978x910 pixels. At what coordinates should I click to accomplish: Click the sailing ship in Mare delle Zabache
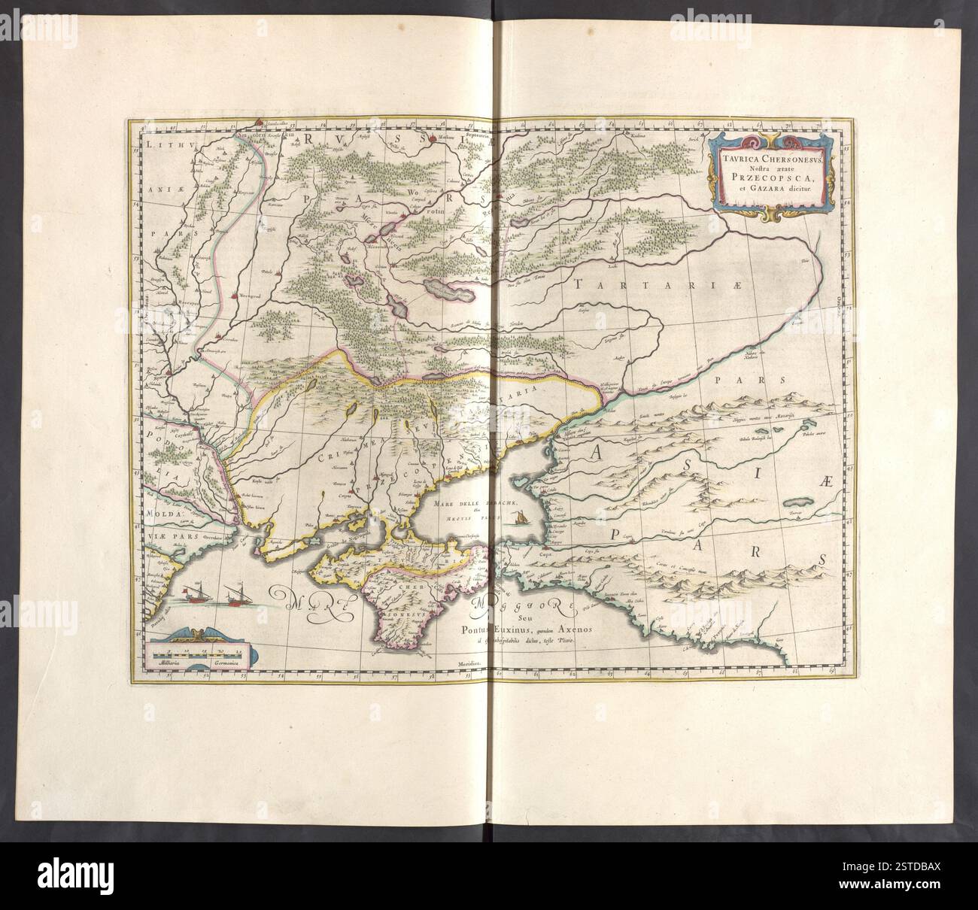tap(518, 517)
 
